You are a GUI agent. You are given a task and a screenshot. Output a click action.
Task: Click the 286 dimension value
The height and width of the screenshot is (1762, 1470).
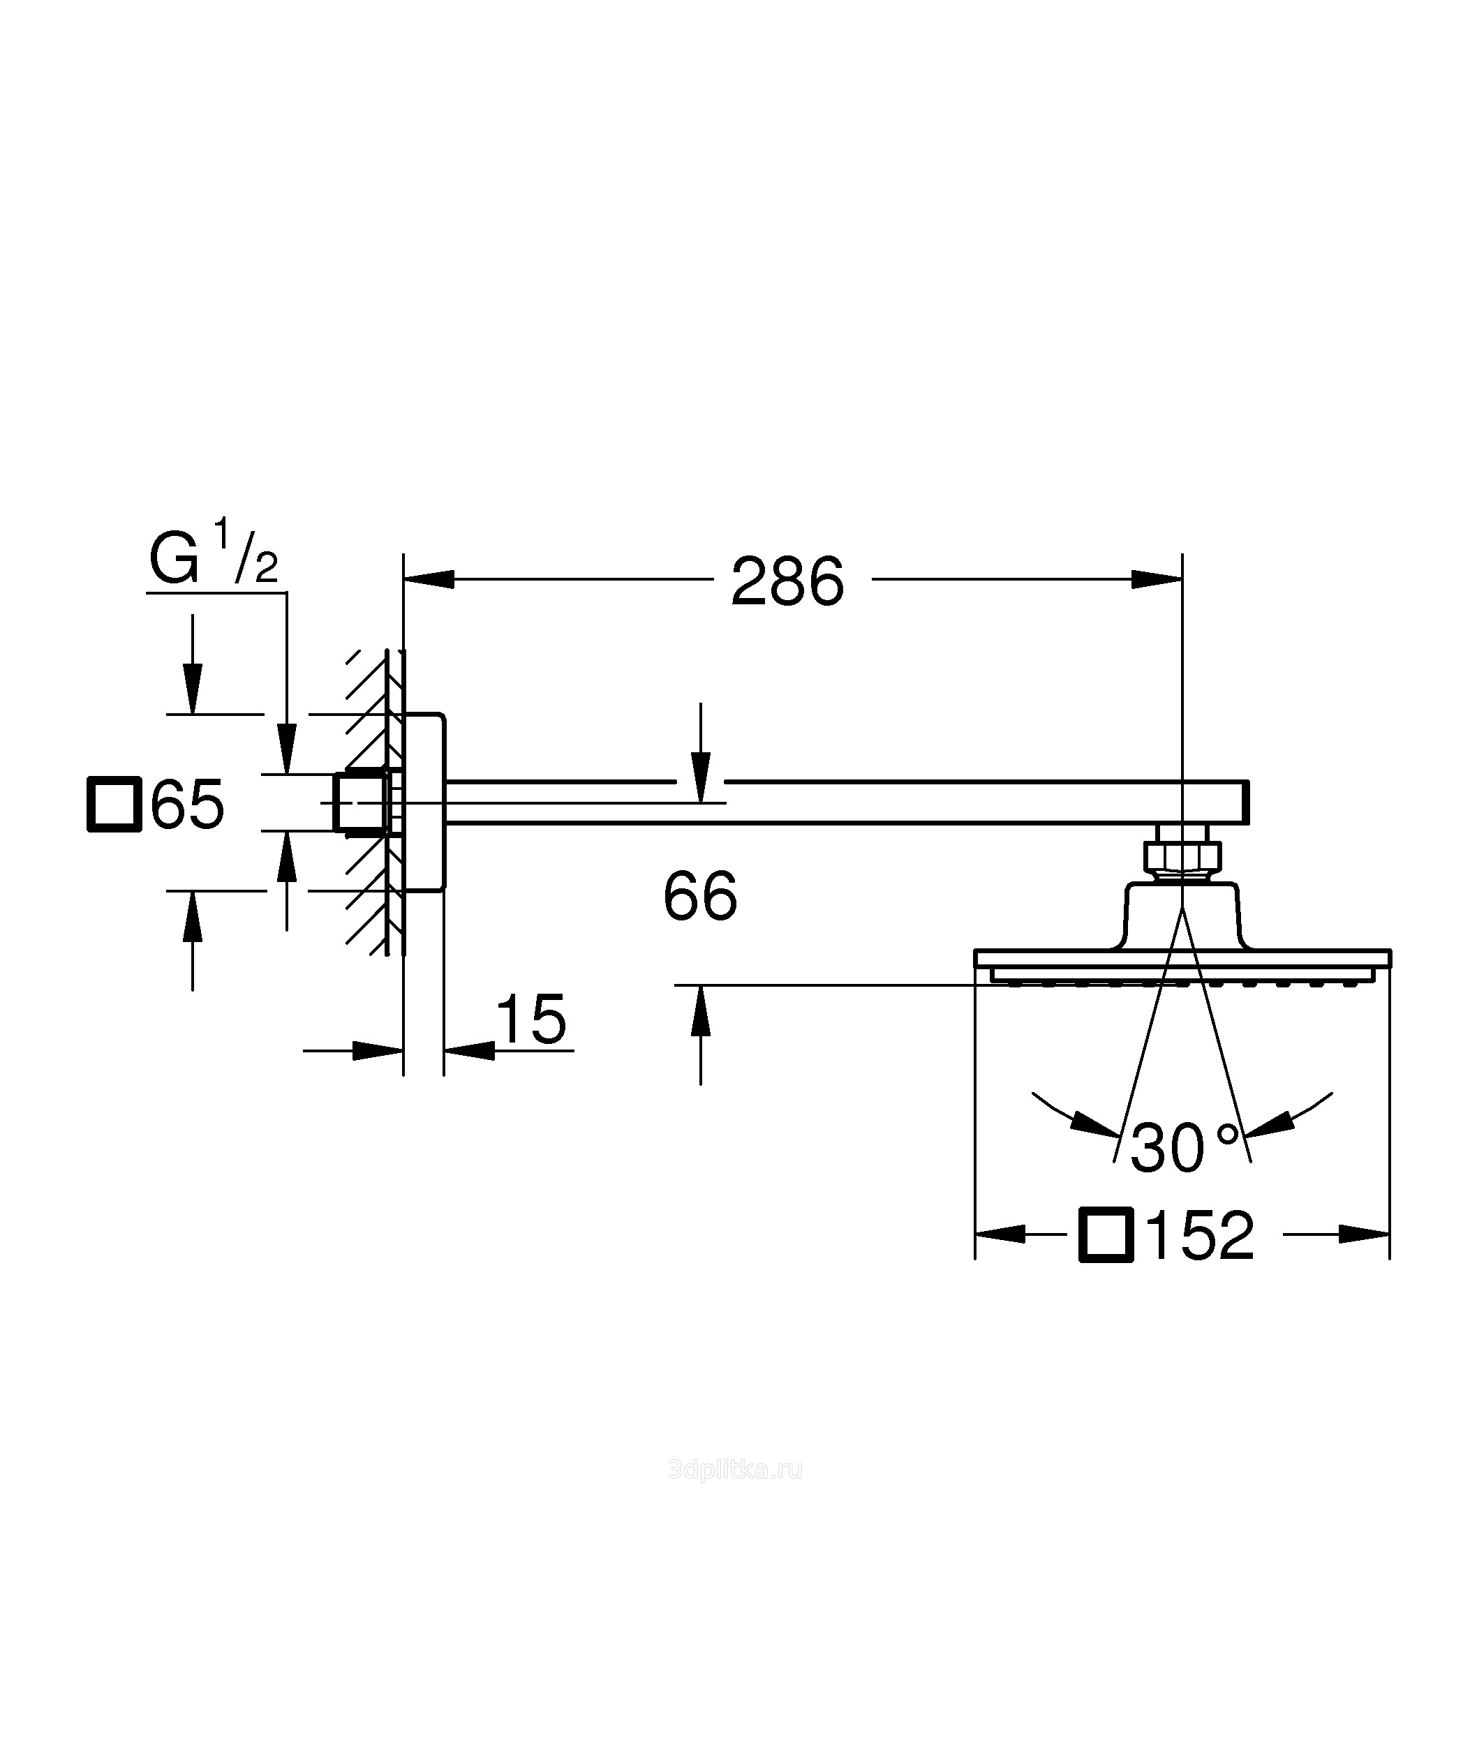tap(787, 581)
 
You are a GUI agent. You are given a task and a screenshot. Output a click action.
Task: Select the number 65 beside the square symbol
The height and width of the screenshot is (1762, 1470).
tap(187, 805)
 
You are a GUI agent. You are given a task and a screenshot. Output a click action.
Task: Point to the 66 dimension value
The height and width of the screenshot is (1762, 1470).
tap(700, 896)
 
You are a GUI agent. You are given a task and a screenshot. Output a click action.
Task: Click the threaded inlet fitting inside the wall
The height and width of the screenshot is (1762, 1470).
tap(360, 802)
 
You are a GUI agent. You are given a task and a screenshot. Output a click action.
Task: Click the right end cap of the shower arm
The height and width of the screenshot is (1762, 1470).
tap(1246, 802)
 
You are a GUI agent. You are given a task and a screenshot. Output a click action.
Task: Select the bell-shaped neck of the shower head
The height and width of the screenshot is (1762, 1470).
tap(1182, 916)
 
